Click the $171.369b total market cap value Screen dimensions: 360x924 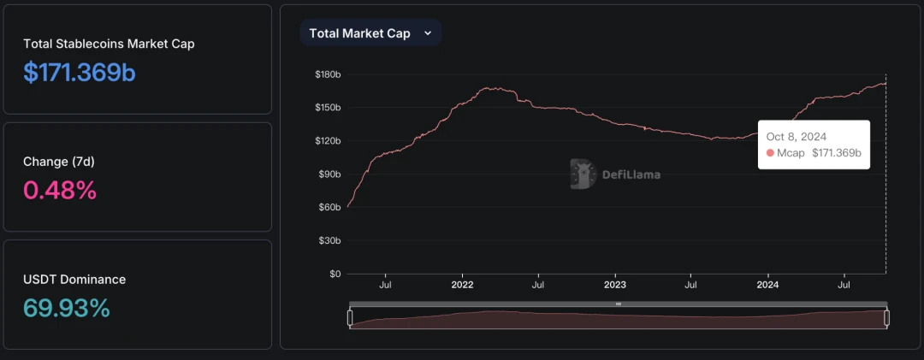click(79, 73)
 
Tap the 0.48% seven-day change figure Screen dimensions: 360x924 click(60, 190)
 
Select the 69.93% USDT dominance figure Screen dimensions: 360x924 click(67, 307)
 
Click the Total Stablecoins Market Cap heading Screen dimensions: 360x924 click(109, 44)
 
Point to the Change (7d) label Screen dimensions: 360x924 click(58, 162)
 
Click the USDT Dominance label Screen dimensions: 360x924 click(74, 279)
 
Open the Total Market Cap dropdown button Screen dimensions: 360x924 click(370, 33)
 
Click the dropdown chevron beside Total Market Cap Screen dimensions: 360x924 click(428, 33)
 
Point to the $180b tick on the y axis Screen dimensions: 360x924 click(327, 74)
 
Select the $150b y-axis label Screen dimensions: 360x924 click(327, 108)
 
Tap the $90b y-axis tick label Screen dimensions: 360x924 click(329, 174)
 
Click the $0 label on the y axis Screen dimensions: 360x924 click(334, 274)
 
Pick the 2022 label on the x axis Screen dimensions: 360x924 click(462, 284)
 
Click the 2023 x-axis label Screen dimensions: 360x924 click(614, 284)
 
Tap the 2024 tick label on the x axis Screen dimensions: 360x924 click(767, 284)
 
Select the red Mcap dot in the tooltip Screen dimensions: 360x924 click(770, 153)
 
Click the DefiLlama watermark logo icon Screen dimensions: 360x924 click(582, 174)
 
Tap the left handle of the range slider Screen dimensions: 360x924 click(350, 318)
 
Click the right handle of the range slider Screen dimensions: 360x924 click(886, 318)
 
